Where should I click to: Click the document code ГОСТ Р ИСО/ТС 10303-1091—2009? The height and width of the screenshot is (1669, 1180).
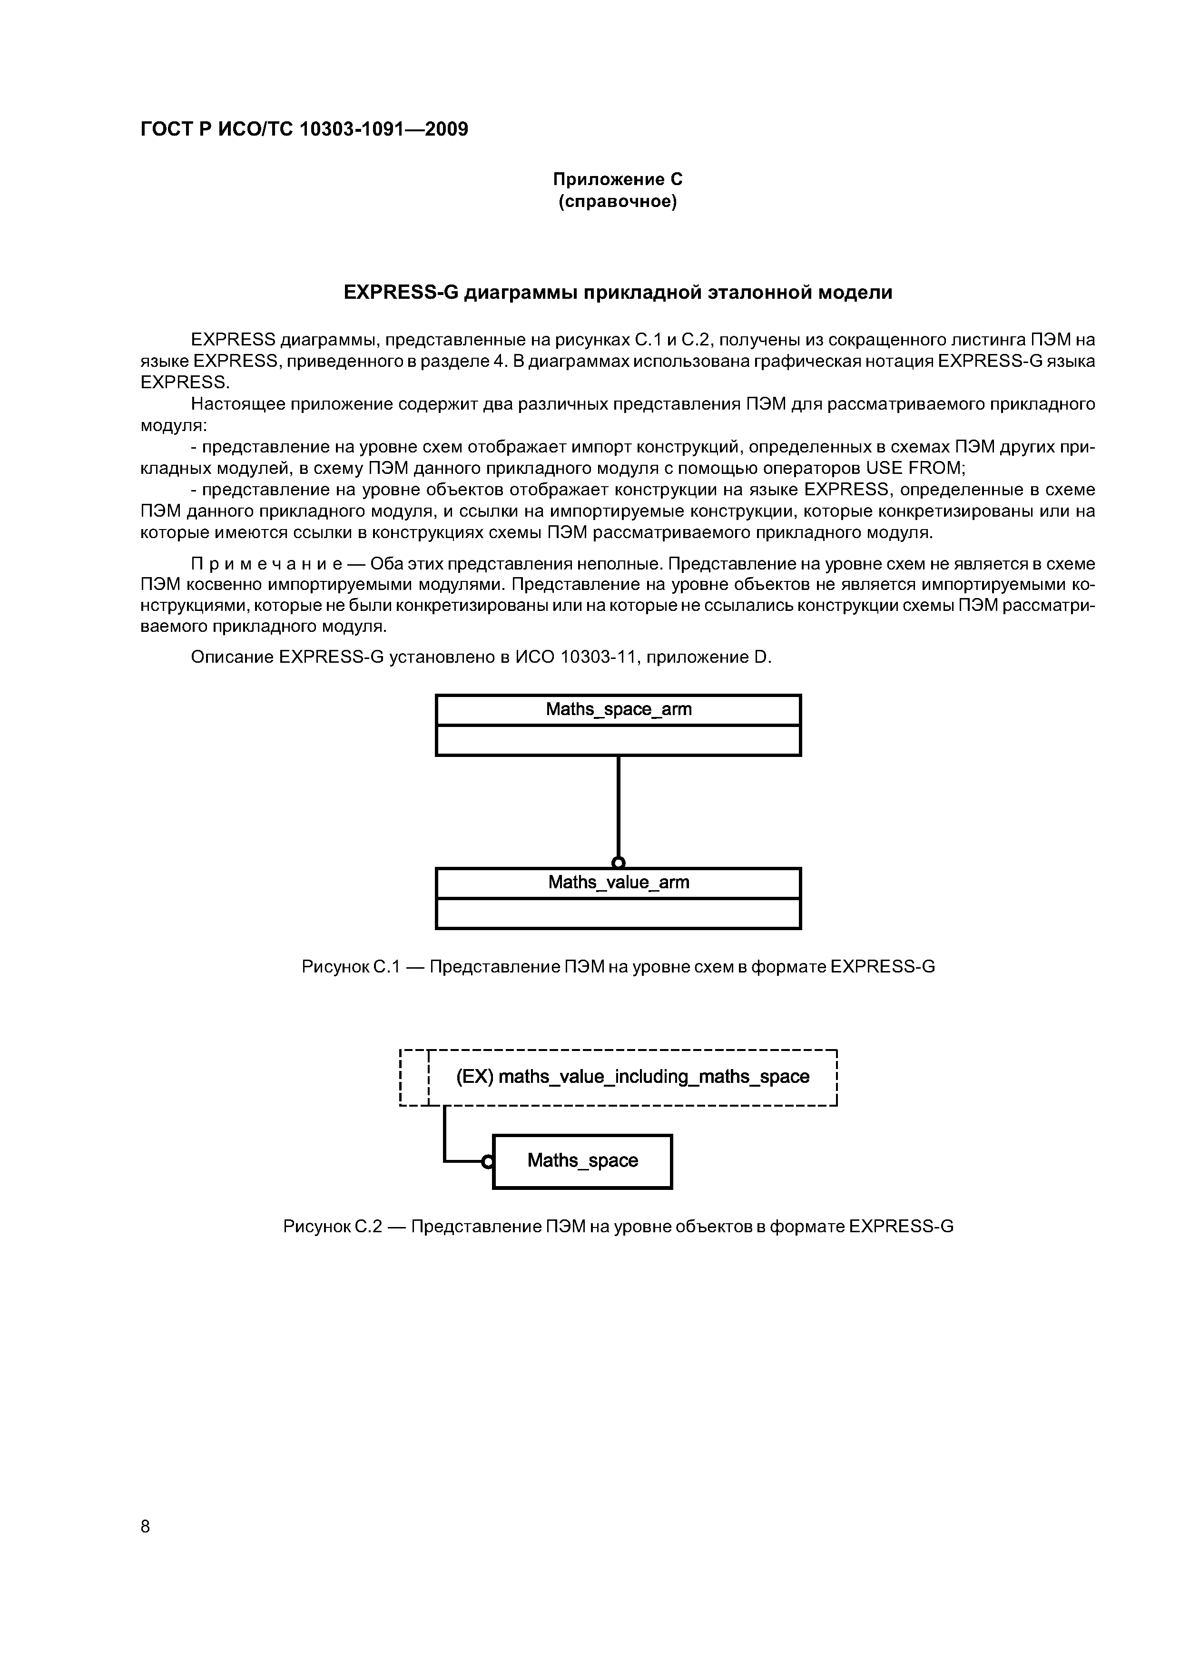click(x=304, y=129)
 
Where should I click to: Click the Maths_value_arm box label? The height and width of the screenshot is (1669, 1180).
click(x=618, y=883)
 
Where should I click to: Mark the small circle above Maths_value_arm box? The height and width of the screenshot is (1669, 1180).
click(x=618, y=863)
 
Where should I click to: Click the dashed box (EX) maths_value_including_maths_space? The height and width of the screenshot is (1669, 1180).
click(x=632, y=1077)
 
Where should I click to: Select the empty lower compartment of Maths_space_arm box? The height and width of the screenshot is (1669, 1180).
click(x=618, y=741)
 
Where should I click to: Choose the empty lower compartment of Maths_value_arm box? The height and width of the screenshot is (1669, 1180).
click(x=618, y=914)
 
